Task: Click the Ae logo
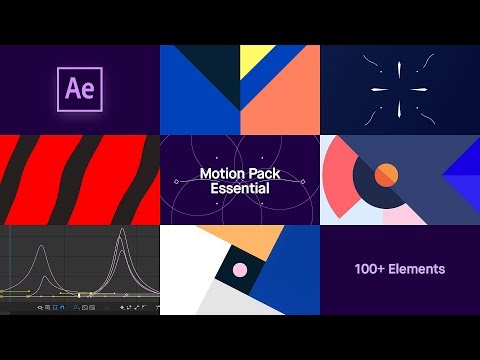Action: pyautogui.click(x=80, y=89)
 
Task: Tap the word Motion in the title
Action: pyautogui.click(x=222, y=173)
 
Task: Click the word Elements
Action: pyautogui.click(x=419, y=269)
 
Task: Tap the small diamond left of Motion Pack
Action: pyautogui.click(x=176, y=181)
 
